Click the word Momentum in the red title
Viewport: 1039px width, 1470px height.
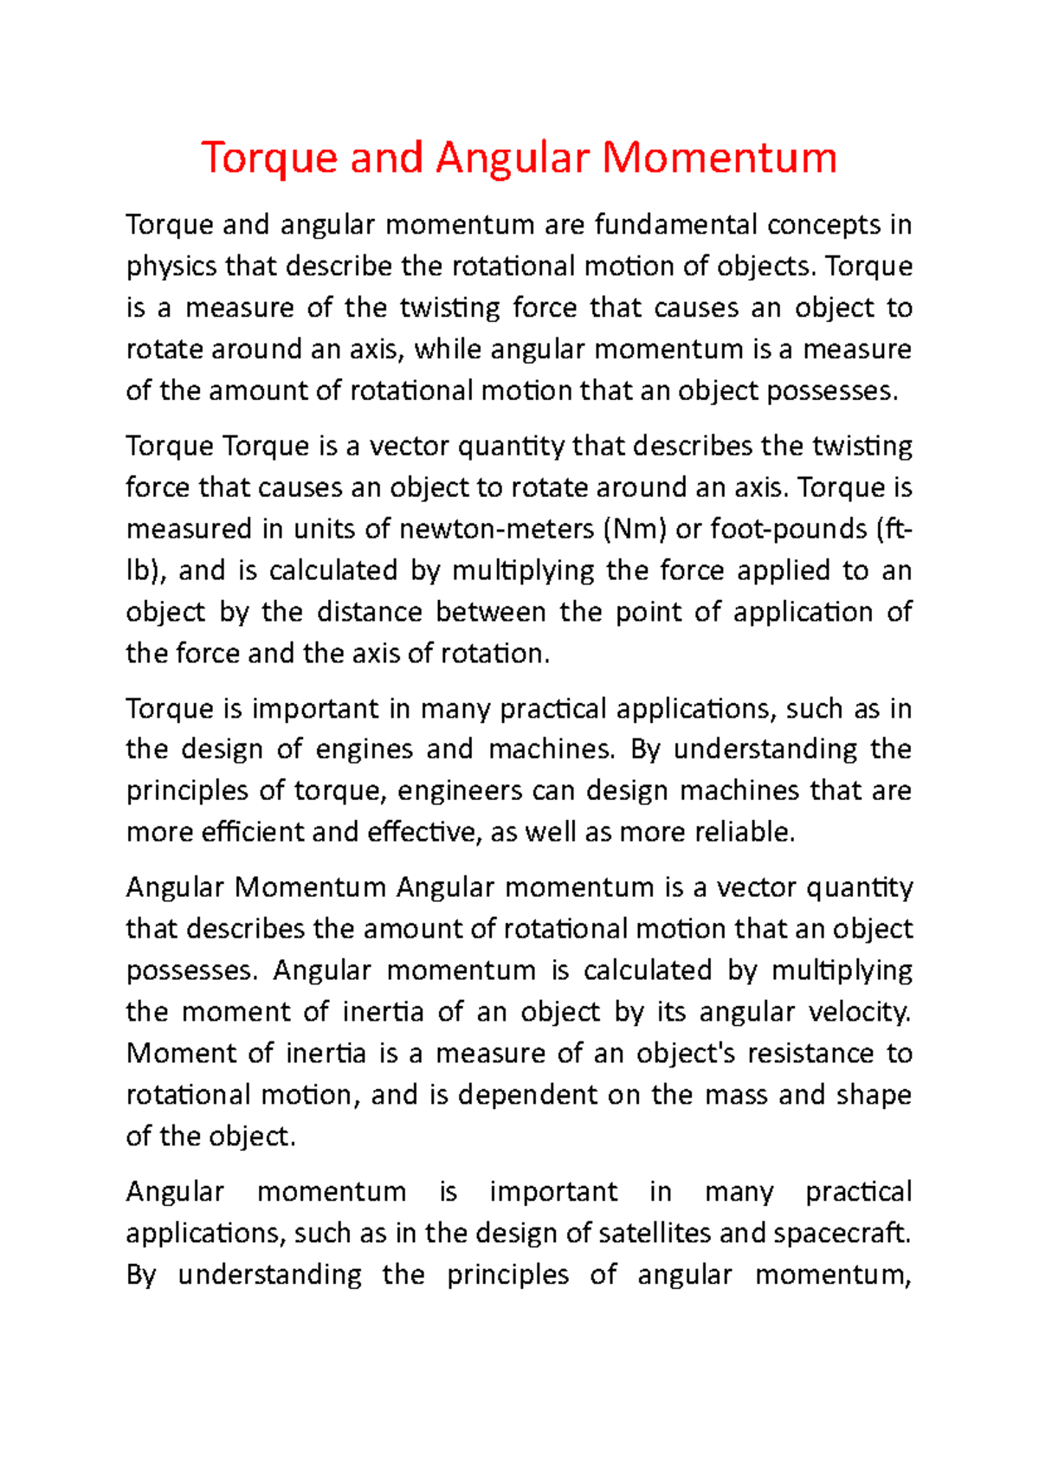click(x=719, y=158)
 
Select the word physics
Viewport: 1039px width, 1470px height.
click(x=171, y=268)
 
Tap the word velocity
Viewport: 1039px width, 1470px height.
click(x=859, y=1012)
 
